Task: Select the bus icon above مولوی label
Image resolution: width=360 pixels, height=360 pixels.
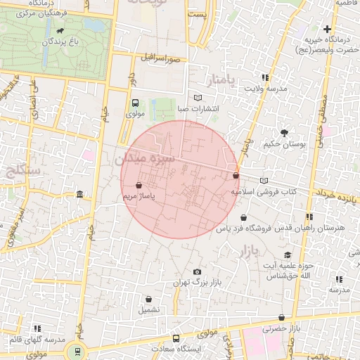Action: [x=135, y=103]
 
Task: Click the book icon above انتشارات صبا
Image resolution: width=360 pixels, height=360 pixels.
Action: [x=198, y=98]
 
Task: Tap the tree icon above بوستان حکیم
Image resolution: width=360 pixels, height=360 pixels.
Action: [x=284, y=133]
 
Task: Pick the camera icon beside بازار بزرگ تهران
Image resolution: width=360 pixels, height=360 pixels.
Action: [x=197, y=272]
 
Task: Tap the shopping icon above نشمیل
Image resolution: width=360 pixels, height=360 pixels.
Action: [x=148, y=299]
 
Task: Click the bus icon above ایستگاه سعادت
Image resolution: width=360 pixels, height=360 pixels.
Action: [x=176, y=337]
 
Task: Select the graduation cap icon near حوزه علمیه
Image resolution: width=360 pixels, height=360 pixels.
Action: [x=287, y=255]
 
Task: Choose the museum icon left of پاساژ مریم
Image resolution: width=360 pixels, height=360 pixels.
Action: [x=79, y=194]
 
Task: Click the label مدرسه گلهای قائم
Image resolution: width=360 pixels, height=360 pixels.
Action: [x=35, y=340]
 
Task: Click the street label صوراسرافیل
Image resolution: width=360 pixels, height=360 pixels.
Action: [x=160, y=59]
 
